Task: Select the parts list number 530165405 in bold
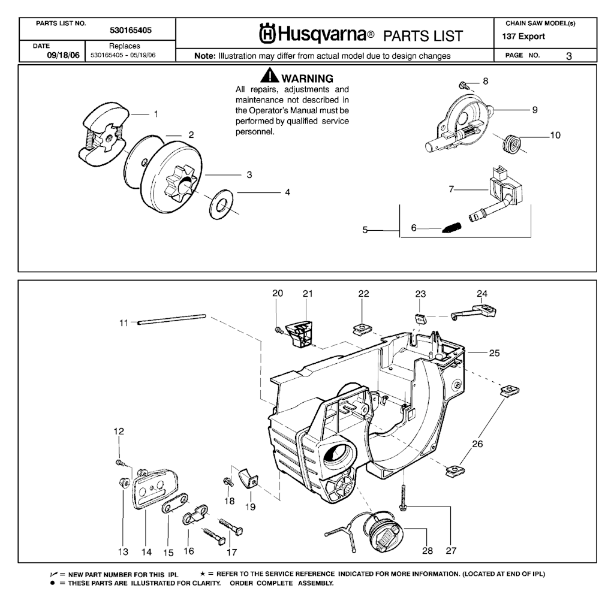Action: point(131,29)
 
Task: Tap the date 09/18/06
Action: point(63,55)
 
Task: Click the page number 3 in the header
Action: point(568,55)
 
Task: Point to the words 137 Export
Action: point(524,36)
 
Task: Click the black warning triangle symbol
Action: point(269,77)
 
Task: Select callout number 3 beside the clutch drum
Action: point(249,175)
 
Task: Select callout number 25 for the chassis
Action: point(494,353)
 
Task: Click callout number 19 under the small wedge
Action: point(249,506)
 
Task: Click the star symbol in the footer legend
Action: point(203,574)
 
